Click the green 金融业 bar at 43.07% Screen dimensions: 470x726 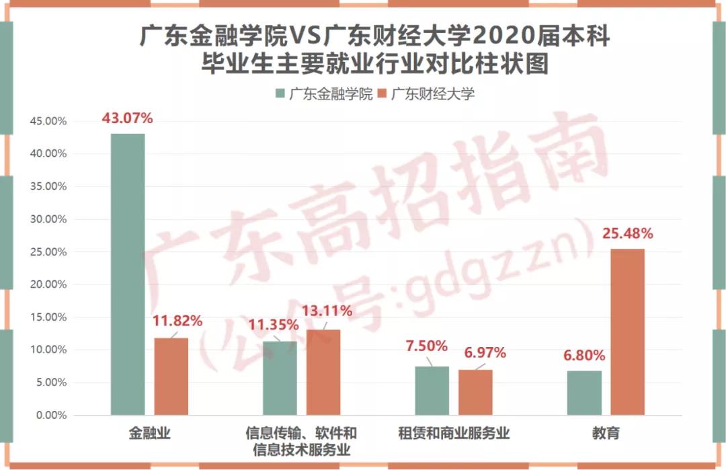[x=128, y=274]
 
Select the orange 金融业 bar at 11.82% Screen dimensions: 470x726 [x=171, y=377]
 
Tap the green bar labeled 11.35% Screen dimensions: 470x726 [x=280, y=378]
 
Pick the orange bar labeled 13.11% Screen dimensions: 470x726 [x=323, y=373]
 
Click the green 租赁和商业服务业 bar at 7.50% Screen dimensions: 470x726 [x=432, y=391]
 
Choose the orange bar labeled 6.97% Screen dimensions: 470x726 [x=475, y=393]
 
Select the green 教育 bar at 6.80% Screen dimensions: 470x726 [x=584, y=393]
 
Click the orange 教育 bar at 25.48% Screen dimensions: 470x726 [x=628, y=332]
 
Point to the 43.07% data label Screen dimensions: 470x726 [x=128, y=118]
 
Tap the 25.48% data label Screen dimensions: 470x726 [x=628, y=234]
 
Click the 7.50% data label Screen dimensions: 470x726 [x=426, y=346]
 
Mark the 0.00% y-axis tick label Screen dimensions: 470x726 [x=50, y=416]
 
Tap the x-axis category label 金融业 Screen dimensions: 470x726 [x=149, y=434]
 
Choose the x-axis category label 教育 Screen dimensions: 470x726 [x=606, y=434]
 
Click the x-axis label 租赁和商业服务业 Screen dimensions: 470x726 [x=454, y=434]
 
